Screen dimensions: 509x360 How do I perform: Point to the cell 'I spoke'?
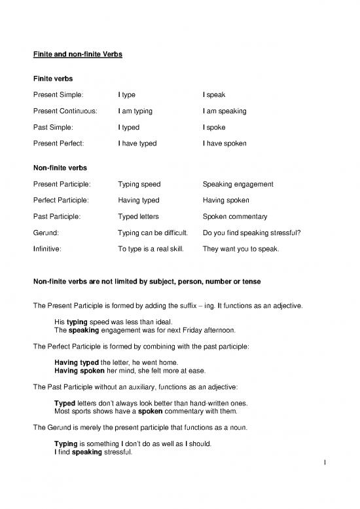[x=215, y=127]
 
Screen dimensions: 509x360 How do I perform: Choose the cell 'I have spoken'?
[x=225, y=143]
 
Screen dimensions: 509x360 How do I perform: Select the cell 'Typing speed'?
[x=139, y=184]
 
